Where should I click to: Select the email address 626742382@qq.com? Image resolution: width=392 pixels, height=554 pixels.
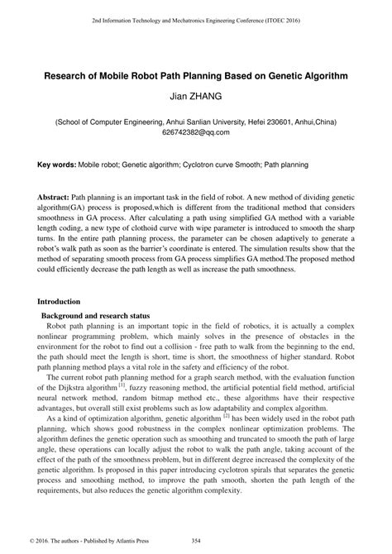(195, 131)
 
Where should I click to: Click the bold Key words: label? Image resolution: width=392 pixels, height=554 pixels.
(57, 165)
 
